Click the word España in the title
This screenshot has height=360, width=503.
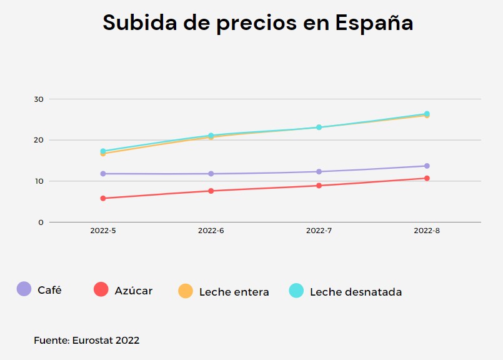pyautogui.click(x=374, y=23)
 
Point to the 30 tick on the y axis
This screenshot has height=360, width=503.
pyautogui.click(x=39, y=99)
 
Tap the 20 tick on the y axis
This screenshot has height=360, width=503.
pyautogui.click(x=39, y=140)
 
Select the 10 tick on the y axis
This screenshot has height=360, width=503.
pyautogui.click(x=39, y=181)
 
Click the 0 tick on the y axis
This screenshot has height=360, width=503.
pyautogui.click(x=41, y=222)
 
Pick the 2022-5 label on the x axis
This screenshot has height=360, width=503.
pyautogui.click(x=102, y=231)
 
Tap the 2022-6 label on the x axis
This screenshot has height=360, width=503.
pyautogui.click(x=211, y=231)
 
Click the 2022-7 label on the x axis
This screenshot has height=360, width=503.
pyautogui.click(x=319, y=231)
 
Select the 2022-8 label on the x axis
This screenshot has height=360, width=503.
pyautogui.click(x=427, y=231)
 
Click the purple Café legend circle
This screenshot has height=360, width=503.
pyautogui.click(x=24, y=289)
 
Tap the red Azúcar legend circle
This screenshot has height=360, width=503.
pyautogui.click(x=101, y=289)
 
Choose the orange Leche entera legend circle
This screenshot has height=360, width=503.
pyautogui.click(x=186, y=291)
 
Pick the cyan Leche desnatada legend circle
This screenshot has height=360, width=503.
pyautogui.click(x=296, y=291)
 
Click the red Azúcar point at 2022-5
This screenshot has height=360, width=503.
pyautogui.click(x=102, y=198)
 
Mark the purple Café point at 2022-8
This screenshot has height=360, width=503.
pyautogui.click(x=427, y=166)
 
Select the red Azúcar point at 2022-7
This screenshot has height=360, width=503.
pyautogui.click(x=319, y=186)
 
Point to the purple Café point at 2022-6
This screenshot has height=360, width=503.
pyautogui.click(x=211, y=174)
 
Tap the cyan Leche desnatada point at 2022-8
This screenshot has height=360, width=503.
pyautogui.click(x=427, y=114)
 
